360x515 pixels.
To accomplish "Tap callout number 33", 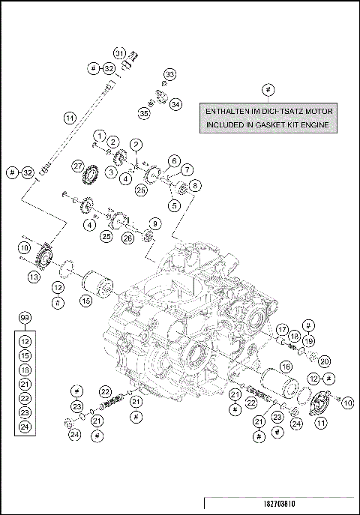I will tap(169, 74).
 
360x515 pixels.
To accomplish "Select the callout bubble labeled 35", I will tap(142, 112).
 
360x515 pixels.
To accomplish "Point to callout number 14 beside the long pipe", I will tap(70, 118).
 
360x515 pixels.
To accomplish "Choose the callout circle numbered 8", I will tap(195, 184).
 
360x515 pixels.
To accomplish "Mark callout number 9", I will tap(155, 223).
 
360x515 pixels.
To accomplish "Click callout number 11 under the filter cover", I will tap(321, 423).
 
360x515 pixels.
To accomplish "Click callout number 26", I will tap(128, 238).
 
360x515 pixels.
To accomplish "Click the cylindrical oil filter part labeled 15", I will tap(95, 287).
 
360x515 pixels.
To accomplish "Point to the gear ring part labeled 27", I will tap(93, 177).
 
